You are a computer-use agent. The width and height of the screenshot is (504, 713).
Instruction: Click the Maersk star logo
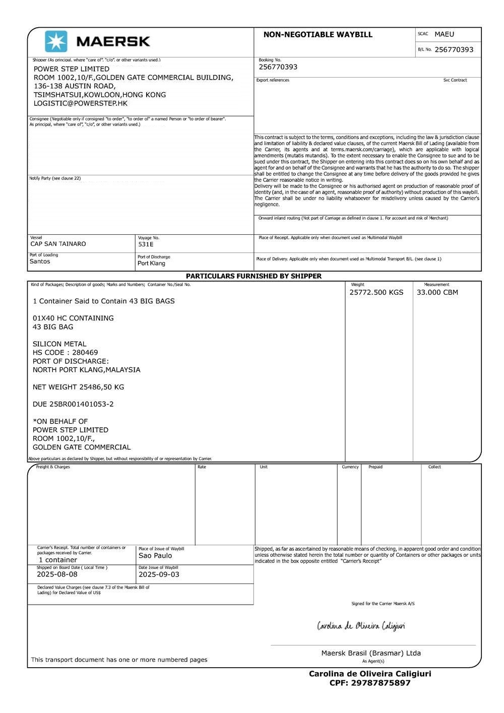pos(56,41)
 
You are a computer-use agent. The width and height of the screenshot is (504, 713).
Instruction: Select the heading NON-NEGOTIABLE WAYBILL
pos(318,35)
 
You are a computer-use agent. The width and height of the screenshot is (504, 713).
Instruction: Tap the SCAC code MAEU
pos(444,34)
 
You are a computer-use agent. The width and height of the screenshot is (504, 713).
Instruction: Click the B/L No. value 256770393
pos(454,49)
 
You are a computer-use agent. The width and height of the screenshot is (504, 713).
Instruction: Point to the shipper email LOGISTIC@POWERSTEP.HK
pos(81,103)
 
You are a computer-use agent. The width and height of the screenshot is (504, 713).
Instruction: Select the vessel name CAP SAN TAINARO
pos(58,244)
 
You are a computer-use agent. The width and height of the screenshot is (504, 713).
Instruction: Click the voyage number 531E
pos(146,244)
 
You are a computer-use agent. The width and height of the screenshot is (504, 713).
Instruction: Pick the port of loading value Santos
pos(40,262)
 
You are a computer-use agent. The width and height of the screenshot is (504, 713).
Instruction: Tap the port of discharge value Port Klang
pos(151,264)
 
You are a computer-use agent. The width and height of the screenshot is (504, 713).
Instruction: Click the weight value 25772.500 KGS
pos(376,292)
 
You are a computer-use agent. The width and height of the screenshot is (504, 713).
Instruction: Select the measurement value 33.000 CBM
pos(437,292)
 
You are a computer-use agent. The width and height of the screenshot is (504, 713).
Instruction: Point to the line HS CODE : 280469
pos(65,353)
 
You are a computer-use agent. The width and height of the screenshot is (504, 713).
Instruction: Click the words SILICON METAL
pos(59,344)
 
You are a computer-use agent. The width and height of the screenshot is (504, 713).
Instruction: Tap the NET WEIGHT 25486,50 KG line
pos(78,387)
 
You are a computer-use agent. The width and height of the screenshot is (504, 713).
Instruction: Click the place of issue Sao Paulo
pos(155,556)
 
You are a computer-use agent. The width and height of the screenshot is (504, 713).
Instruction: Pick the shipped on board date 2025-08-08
pos(57,574)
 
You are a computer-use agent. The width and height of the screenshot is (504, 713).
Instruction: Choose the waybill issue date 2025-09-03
pos(159,574)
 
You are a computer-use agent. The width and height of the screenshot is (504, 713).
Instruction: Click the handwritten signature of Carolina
pos(361,626)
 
